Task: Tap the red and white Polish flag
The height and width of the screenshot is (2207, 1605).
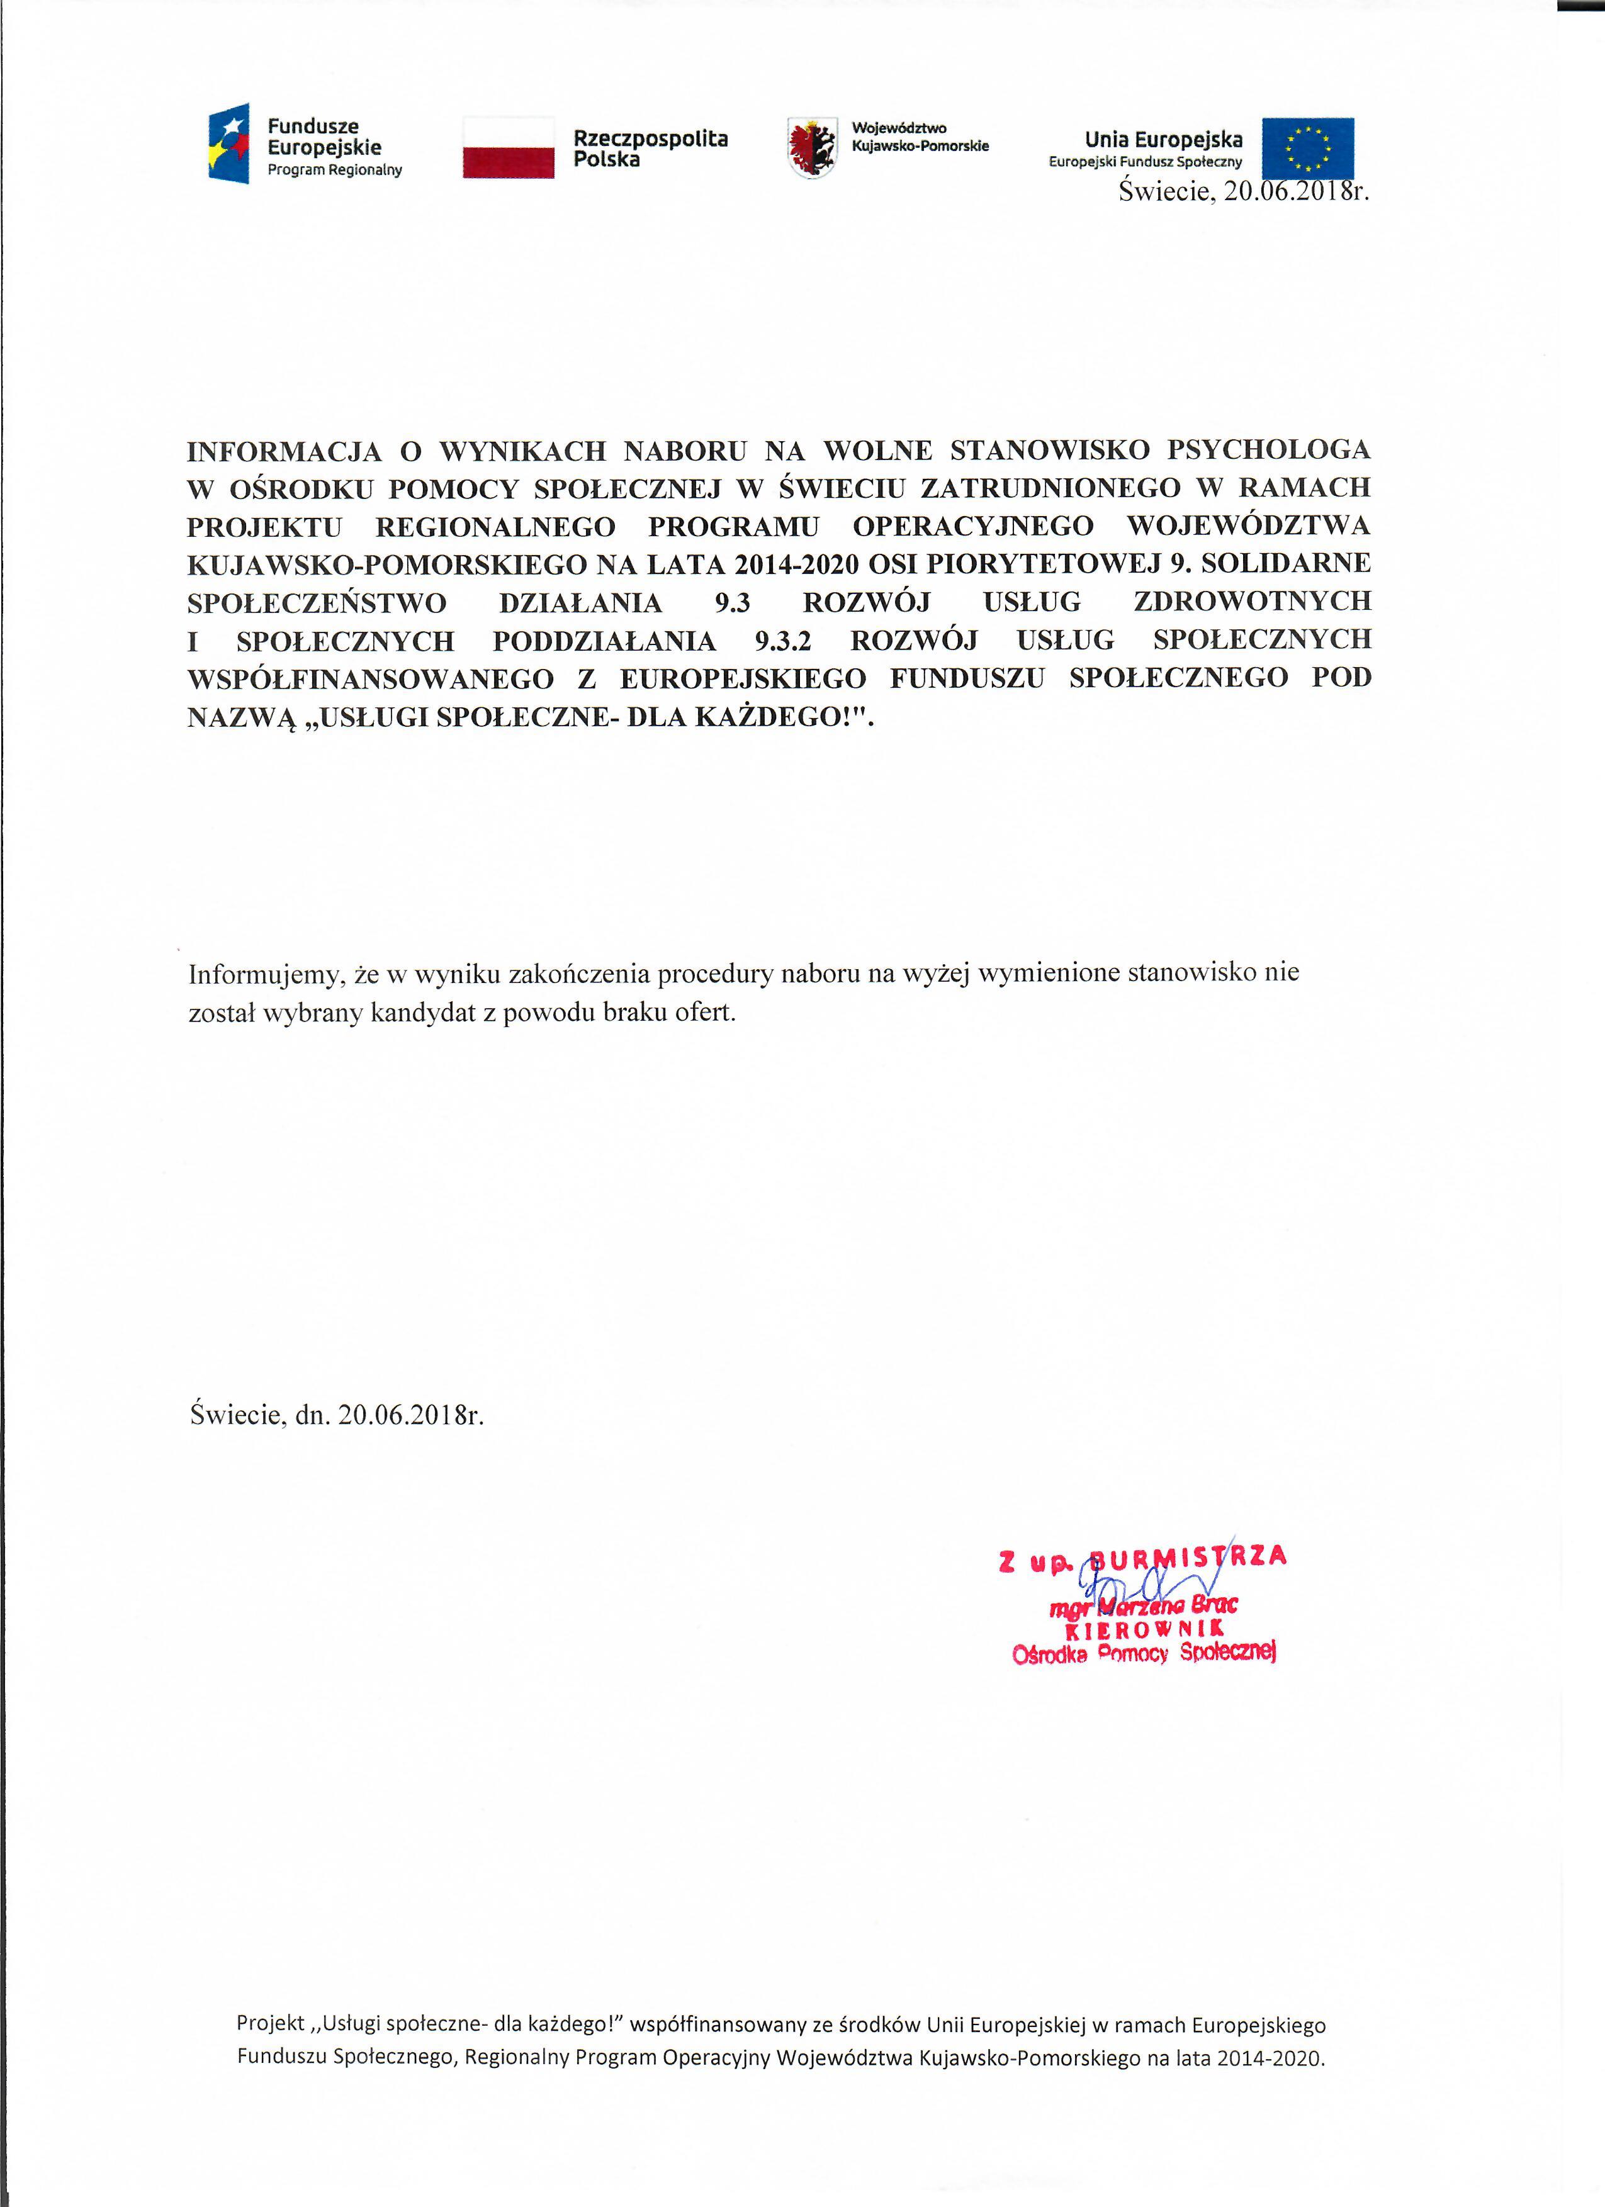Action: (x=508, y=147)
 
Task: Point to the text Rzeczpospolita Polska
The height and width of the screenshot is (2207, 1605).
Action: (x=650, y=149)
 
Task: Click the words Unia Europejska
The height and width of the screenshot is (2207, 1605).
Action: (x=1163, y=139)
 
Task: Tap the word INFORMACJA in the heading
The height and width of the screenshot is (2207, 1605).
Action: (x=280, y=451)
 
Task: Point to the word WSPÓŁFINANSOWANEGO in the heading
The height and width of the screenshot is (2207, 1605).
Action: (x=371, y=678)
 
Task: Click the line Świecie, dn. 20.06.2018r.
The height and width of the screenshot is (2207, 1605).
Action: (x=337, y=1414)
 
